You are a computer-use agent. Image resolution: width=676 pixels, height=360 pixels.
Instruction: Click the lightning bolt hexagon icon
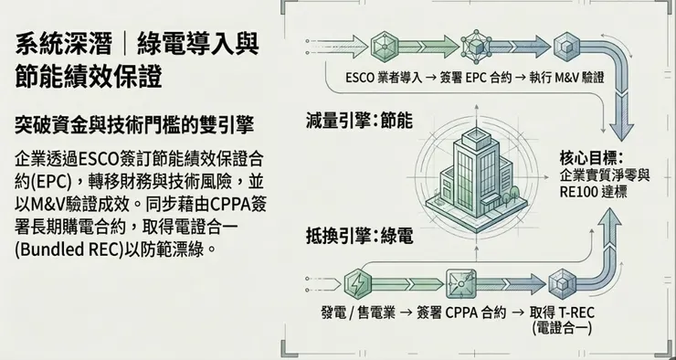coord(362,281)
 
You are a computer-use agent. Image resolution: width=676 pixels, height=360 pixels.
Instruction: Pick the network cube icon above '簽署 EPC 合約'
coord(476,43)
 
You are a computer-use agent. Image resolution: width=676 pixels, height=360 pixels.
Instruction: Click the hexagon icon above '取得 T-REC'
coord(558,280)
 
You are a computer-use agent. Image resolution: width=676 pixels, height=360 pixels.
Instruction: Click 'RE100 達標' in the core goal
coord(593,192)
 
